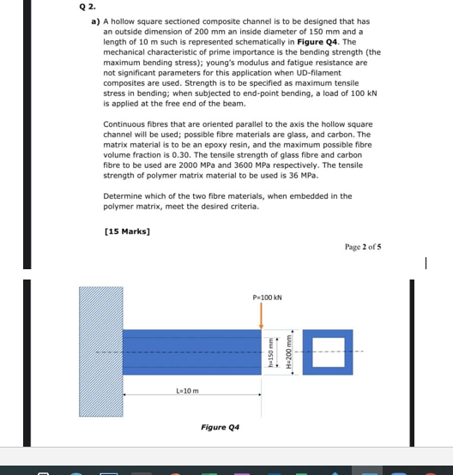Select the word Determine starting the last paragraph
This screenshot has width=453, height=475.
click(121, 196)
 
